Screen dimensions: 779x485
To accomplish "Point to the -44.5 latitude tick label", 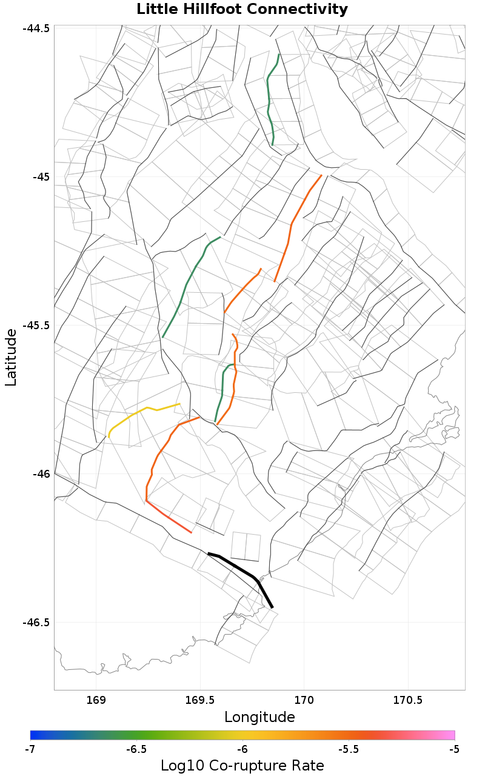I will (37, 29).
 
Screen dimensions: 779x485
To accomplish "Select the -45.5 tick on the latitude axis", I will (37, 325).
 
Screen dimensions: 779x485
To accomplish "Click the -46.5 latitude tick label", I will (37, 623).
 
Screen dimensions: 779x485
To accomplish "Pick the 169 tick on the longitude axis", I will (96, 700).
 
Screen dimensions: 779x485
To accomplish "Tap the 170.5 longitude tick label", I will (407, 700).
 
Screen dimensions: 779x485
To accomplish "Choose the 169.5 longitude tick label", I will (200, 700).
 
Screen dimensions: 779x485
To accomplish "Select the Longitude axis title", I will (259, 717).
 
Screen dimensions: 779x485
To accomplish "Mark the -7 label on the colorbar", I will (30, 749).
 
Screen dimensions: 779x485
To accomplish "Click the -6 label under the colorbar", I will (242, 749).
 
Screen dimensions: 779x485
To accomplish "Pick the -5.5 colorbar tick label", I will (349, 749).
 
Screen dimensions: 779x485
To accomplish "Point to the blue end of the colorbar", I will (35, 735).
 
